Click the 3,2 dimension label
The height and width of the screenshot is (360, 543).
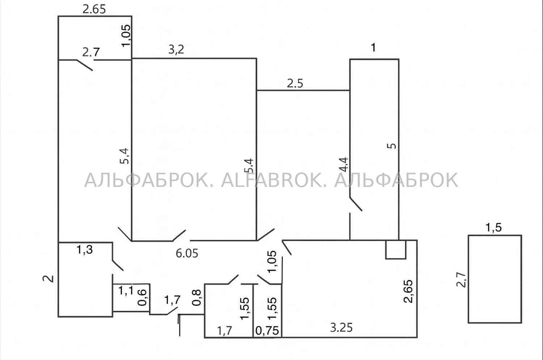click(x=176, y=50)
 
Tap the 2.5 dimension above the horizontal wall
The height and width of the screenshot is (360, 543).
click(x=295, y=83)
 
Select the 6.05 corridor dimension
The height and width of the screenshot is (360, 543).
click(x=187, y=254)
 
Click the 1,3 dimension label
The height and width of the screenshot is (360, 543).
click(x=85, y=250)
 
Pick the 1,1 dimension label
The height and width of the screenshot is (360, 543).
click(x=126, y=290)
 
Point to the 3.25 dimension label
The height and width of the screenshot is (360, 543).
click(x=341, y=328)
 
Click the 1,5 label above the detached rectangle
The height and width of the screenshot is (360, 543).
click(x=494, y=228)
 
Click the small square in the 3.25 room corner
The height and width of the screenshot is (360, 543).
click(x=396, y=250)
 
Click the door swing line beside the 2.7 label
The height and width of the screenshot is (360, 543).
click(x=85, y=65)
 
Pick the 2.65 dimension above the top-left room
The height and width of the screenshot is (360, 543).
click(x=94, y=10)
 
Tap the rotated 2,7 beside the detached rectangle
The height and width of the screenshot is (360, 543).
click(x=461, y=280)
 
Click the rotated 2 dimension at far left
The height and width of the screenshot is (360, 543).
click(x=49, y=279)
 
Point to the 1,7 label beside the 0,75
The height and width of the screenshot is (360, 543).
click(x=225, y=331)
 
